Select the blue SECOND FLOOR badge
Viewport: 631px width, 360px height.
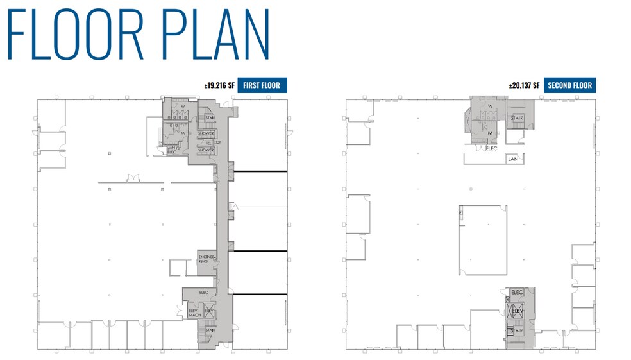click(x=569, y=85)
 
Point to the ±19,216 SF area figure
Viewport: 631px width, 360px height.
click(x=219, y=85)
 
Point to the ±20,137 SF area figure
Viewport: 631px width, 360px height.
click(x=525, y=85)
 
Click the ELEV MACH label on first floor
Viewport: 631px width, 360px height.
click(x=194, y=313)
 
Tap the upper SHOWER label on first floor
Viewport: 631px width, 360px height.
click(x=206, y=133)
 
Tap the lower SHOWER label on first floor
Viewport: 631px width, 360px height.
click(x=206, y=150)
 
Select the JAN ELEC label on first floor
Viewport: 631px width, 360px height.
click(x=171, y=150)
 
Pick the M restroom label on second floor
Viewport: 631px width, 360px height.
click(x=490, y=133)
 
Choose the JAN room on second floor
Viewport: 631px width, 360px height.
click(x=512, y=159)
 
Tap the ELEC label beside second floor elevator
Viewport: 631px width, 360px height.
click(x=517, y=293)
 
